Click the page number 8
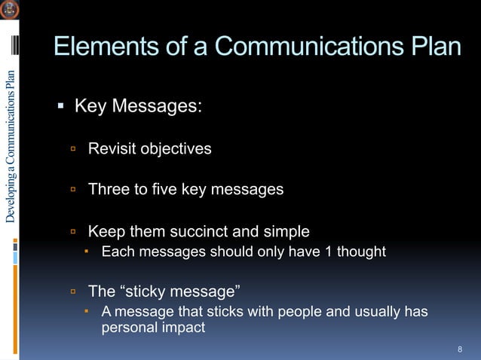pos(459,349)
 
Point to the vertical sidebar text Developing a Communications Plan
pos(10,146)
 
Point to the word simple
pos(286,231)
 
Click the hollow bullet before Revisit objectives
pos(74,149)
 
